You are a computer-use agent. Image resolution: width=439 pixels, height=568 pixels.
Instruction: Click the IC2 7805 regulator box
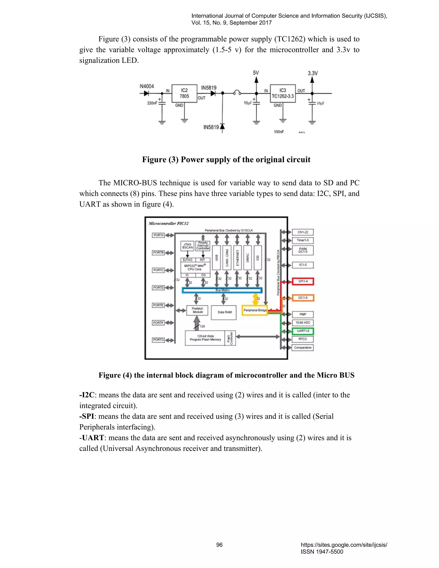(x=184, y=93)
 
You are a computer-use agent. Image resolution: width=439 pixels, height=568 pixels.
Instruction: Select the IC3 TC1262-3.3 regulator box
(x=283, y=93)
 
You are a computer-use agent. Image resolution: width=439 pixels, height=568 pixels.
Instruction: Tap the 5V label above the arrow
(x=256, y=73)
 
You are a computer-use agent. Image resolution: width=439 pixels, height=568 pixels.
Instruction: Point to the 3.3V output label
(x=313, y=73)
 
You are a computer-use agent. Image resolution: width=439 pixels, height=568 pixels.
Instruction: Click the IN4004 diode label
(x=147, y=86)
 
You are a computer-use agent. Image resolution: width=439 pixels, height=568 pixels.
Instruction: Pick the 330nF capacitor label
(x=152, y=103)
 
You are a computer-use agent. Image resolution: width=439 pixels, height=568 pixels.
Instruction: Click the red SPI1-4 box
(x=303, y=281)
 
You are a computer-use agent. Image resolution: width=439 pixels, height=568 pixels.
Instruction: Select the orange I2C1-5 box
(x=303, y=298)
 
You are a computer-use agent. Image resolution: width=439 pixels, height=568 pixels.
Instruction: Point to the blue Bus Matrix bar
(x=222, y=290)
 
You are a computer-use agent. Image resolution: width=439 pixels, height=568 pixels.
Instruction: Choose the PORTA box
(x=158, y=235)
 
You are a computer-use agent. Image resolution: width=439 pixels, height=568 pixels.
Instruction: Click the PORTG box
(x=158, y=340)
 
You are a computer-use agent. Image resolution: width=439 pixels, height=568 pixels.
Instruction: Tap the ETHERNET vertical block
(x=238, y=257)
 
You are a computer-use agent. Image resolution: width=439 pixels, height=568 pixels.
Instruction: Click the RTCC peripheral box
(x=303, y=339)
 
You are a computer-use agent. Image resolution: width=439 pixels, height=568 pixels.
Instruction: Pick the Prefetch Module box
(x=197, y=310)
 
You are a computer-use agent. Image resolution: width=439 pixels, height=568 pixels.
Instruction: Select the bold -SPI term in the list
(x=87, y=416)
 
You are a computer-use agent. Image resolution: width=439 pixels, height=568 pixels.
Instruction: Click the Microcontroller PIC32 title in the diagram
(x=168, y=223)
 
